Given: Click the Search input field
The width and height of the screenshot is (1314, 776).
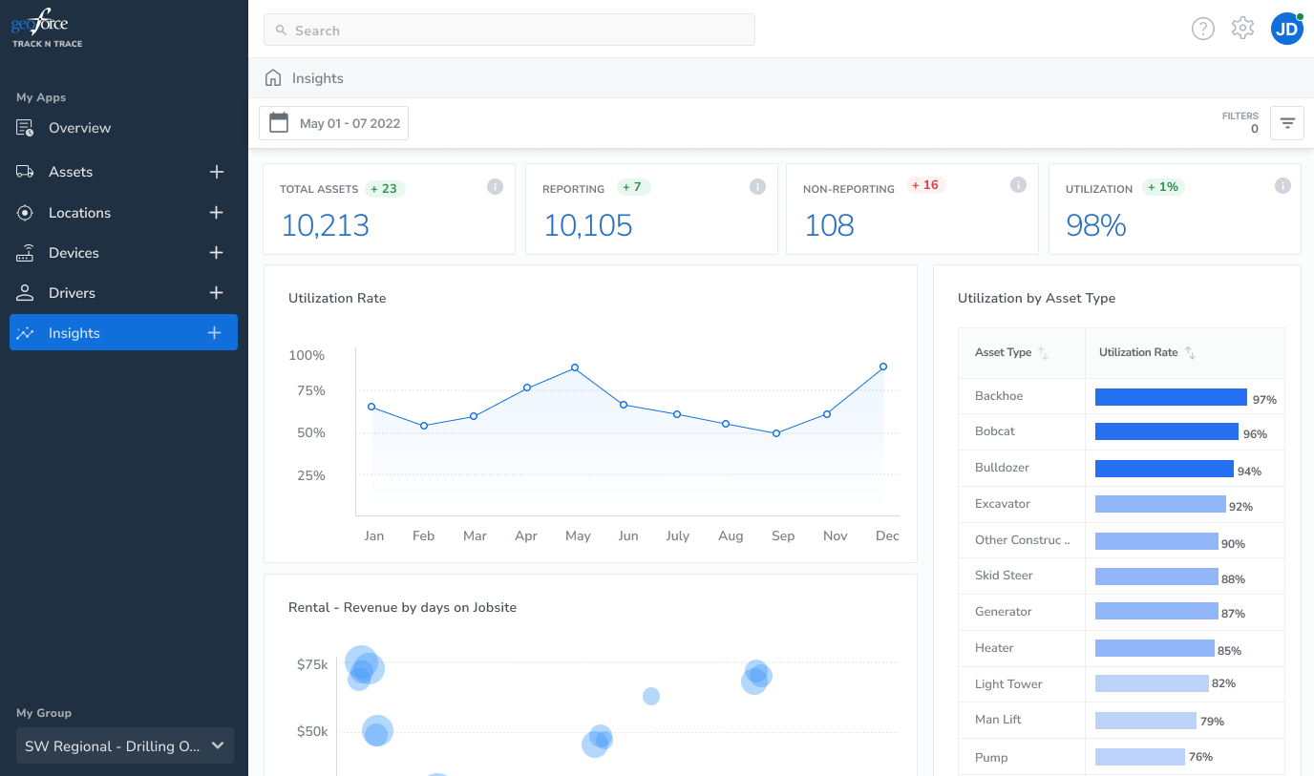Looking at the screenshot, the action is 509,30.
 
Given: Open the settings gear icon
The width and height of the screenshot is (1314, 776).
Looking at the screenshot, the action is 1242,28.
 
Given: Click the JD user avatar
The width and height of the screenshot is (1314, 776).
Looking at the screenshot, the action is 1287,29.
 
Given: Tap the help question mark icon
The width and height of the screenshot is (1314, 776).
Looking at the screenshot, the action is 1202,29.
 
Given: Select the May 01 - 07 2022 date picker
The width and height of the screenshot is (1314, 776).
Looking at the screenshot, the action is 334,123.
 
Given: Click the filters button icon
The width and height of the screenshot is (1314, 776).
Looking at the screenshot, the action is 1287,123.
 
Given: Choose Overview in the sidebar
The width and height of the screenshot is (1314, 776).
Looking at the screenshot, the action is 80,128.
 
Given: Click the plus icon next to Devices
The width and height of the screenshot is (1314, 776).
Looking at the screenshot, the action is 217,253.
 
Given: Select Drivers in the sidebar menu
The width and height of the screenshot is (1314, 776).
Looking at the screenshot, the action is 72,293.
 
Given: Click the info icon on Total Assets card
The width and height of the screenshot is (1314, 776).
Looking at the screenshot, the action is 495,187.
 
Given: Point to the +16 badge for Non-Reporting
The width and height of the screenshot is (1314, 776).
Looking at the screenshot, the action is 925,185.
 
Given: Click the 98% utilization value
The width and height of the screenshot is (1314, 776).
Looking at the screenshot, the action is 1095,225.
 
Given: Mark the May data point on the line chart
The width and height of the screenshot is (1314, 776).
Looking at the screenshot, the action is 575,367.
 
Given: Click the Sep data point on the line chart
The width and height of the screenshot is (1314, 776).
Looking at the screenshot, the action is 776,433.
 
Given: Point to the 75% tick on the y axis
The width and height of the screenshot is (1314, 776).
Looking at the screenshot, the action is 311,390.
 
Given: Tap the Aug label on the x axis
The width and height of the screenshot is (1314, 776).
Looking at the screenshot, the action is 731,536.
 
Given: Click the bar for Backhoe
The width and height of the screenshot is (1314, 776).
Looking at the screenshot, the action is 1171,397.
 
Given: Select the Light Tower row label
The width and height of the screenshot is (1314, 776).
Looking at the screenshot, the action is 1008,684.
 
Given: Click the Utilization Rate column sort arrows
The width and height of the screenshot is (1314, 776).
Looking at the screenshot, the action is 1190,352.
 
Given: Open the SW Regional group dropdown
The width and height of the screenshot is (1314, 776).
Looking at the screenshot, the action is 125,745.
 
